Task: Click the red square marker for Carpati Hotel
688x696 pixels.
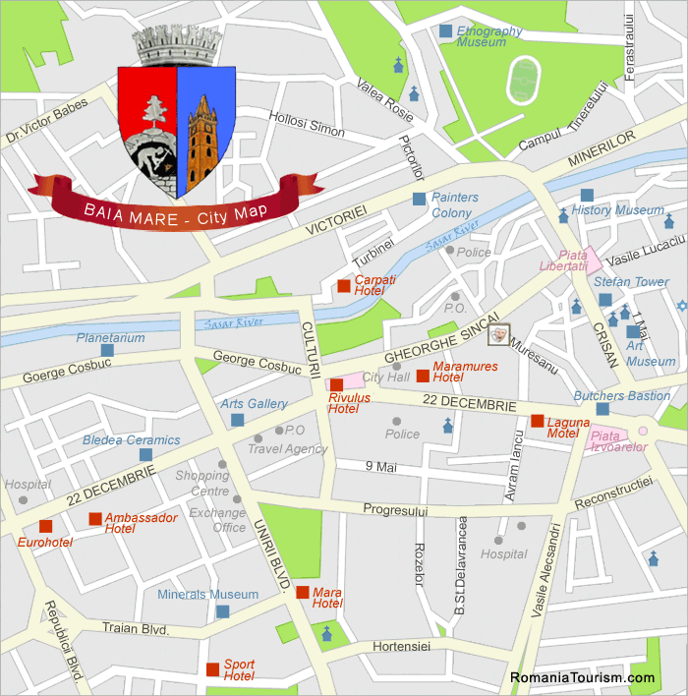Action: coord(343,286)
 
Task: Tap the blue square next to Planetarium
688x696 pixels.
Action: coord(106,350)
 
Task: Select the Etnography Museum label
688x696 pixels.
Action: coord(488,36)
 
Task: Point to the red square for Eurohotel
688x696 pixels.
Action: coord(45,526)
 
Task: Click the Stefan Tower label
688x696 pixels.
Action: coord(631,282)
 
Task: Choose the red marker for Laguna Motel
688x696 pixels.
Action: coord(537,421)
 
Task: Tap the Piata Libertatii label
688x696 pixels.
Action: coord(564,261)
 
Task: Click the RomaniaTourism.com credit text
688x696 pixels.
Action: coord(582,678)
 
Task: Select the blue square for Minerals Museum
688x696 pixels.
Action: coord(222,611)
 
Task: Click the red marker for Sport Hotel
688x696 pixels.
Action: coord(212,669)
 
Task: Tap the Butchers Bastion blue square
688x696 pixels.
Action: coord(602,409)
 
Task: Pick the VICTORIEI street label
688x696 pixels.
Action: coord(335,219)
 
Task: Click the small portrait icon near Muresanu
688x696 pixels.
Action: coord(499,334)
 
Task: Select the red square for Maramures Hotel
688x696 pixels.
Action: coord(423,376)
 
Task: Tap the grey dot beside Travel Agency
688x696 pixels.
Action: coord(258,439)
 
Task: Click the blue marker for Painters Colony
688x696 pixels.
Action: coord(420,199)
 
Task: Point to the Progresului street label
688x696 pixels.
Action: coord(395,510)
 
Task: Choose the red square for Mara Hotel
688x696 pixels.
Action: coord(302,592)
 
